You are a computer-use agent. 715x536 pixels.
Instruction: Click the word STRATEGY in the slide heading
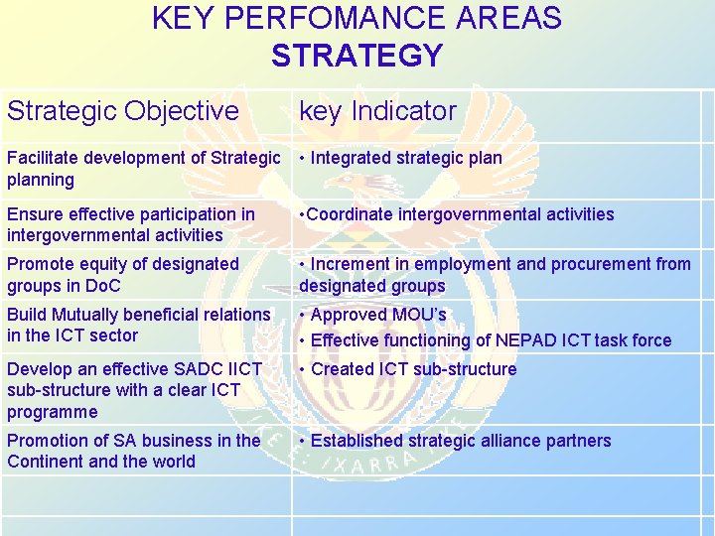tap(357, 56)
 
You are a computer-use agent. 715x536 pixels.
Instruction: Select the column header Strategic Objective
tap(123, 111)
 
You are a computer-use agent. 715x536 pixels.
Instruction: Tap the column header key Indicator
tap(377, 111)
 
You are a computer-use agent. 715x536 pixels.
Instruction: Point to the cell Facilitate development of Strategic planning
tap(143, 168)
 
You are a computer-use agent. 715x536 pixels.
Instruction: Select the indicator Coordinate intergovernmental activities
tap(458, 214)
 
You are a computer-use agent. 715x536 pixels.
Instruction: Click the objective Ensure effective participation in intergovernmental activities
tap(130, 224)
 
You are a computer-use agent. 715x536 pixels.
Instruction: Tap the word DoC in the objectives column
tap(102, 286)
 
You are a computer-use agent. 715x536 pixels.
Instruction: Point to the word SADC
tap(194, 369)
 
